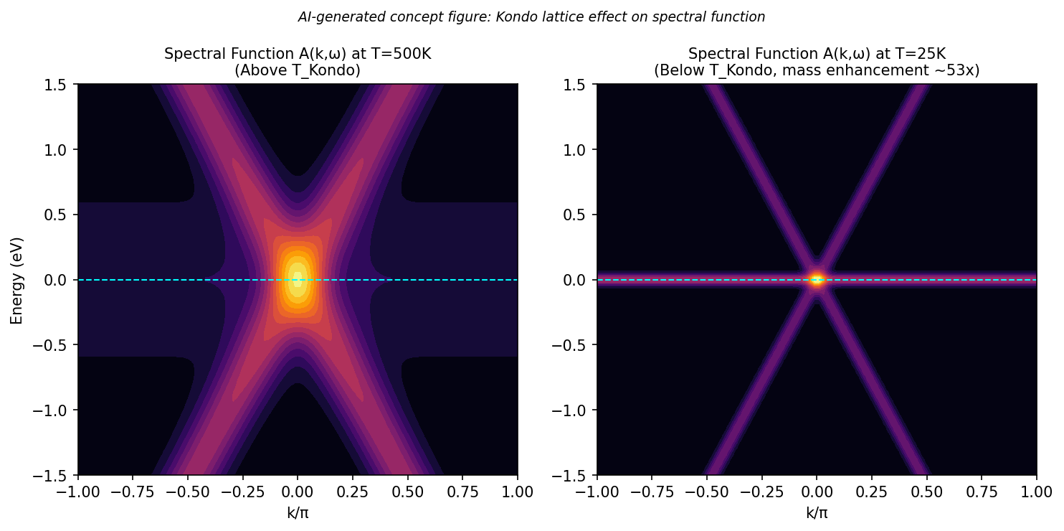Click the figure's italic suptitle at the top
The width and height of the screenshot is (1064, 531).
click(x=531, y=17)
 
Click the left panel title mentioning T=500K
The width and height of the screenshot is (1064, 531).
click(x=298, y=54)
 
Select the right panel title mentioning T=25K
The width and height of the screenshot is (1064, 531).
click(x=817, y=54)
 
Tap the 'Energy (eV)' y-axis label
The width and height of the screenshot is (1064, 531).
click(x=16, y=280)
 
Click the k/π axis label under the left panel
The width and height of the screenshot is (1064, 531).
click(x=298, y=513)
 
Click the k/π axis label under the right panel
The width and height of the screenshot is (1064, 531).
click(x=817, y=513)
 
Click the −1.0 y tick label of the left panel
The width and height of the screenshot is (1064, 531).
click(x=57, y=410)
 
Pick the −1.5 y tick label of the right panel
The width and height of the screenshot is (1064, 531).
click(x=576, y=475)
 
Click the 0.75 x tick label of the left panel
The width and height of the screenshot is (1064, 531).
click(x=462, y=492)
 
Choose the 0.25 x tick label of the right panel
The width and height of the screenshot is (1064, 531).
click(x=871, y=492)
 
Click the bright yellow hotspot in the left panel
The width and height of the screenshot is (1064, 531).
click(x=298, y=280)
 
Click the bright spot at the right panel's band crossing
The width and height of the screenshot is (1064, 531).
click(x=817, y=280)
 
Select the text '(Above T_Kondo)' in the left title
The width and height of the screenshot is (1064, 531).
click(x=298, y=70)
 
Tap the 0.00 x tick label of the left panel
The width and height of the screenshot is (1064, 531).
click(x=298, y=492)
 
